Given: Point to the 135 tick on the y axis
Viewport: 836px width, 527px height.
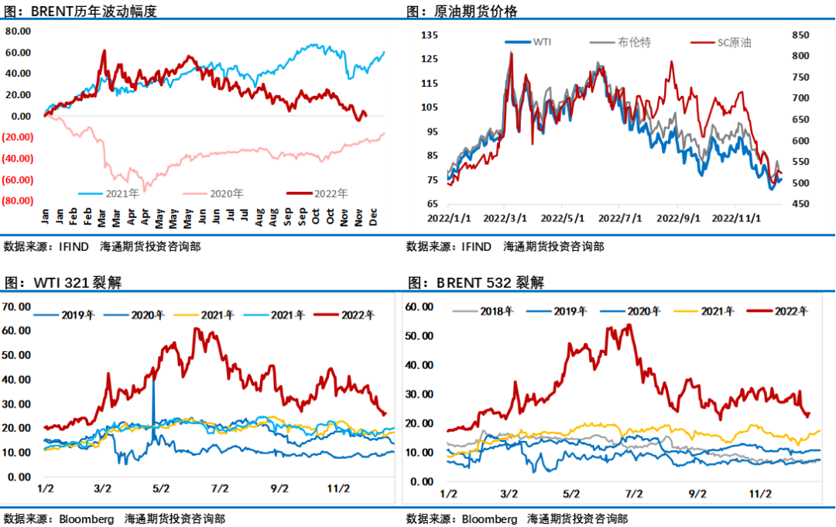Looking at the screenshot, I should point(430,35).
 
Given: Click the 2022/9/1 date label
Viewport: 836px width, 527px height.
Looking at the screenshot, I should point(678,218).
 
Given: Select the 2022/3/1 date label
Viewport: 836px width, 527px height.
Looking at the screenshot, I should point(505,218).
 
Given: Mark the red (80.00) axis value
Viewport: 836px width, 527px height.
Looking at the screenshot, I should point(17,200).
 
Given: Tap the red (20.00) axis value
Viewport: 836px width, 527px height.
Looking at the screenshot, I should point(17,137).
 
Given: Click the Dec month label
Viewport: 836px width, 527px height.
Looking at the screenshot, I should point(374,219).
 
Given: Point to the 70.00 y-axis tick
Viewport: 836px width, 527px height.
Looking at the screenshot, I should point(17,306).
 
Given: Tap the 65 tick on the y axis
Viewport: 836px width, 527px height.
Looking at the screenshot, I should point(430,204).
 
